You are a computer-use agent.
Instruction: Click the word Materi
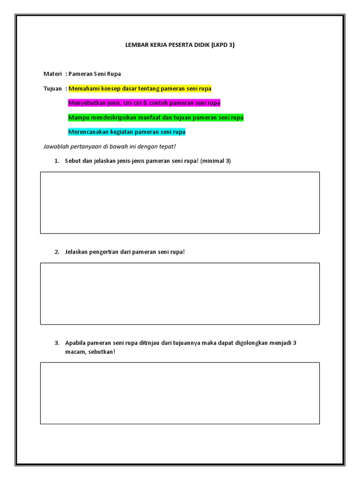52,74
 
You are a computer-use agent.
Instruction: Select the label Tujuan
52,89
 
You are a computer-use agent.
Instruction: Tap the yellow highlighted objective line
140,89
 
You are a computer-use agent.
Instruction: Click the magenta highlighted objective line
144,103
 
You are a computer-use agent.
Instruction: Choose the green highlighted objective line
156,118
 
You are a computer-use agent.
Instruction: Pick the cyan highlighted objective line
127,132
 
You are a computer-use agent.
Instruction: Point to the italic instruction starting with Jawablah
109,147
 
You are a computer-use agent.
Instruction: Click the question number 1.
56,161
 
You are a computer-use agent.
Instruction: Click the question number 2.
56,252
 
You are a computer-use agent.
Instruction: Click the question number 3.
56,343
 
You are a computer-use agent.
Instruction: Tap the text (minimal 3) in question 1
216,161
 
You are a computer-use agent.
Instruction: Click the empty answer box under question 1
180,202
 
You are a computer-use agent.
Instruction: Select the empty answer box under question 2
180,293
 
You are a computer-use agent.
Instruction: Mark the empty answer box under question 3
180,393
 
